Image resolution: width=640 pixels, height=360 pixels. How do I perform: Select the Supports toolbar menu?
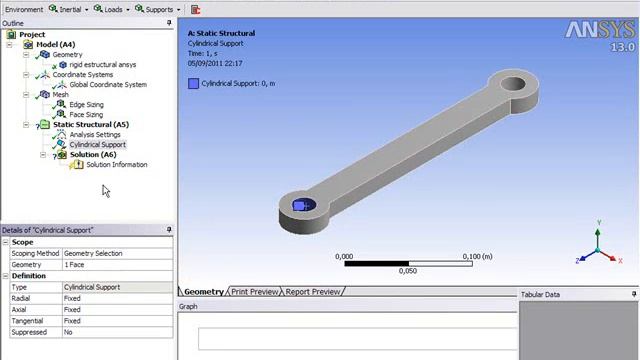coord(157,9)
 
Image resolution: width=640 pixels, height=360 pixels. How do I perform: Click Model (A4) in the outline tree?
coord(55,45)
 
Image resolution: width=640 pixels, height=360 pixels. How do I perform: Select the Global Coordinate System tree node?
coord(108,85)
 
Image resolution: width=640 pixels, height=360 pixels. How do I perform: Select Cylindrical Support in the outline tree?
coord(97,145)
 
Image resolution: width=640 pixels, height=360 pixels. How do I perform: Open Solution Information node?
coord(116,165)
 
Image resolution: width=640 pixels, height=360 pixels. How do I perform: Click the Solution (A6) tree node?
coord(92,155)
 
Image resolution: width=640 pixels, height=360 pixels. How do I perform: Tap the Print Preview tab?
coord(255,292)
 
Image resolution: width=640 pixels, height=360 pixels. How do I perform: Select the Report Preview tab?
coord(312,292)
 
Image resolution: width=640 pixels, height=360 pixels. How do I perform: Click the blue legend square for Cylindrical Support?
coord(193,84)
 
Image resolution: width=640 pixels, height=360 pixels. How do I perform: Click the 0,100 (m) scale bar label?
coord(476,257)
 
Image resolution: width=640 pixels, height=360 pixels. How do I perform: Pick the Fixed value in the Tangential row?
coord(72,321)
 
